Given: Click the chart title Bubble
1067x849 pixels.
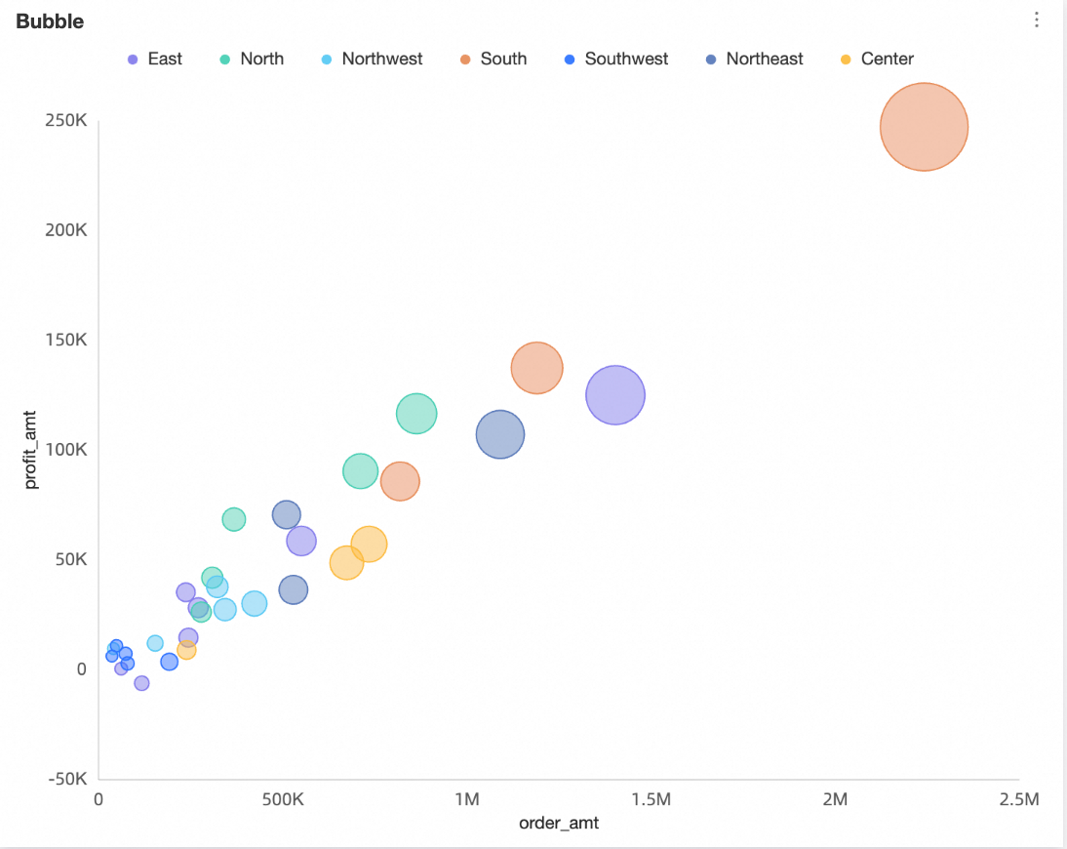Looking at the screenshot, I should (50, 21).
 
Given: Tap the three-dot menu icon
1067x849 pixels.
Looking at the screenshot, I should (1037, 20).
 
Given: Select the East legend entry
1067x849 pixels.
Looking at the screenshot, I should (155, 59).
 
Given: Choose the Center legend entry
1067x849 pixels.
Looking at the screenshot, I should (877, 59).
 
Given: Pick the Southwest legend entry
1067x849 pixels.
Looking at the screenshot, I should (617, 59).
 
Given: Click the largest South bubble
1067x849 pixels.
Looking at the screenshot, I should (924, 127).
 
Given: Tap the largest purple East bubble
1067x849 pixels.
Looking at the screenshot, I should (614, 395).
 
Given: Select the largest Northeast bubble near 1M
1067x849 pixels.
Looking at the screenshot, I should (500, 434).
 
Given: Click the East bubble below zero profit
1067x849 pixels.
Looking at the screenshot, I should (141, 683).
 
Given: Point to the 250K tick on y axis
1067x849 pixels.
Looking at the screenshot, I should (66, 121).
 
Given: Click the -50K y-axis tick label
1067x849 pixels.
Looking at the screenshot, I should (66, 779).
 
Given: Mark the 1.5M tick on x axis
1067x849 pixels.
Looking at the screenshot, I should (651, 800).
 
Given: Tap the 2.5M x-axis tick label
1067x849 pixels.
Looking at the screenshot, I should (1018, 800).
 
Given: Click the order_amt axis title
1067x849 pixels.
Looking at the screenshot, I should (559, 823).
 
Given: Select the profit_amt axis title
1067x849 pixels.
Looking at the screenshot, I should (32, 450).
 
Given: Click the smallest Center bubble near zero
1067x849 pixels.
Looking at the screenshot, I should (186, 650).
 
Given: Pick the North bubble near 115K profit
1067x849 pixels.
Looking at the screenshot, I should (416, 414).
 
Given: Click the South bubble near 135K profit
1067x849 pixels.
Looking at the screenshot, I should (536, 368).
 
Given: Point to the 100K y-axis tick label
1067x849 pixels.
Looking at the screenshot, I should (66, 450).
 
